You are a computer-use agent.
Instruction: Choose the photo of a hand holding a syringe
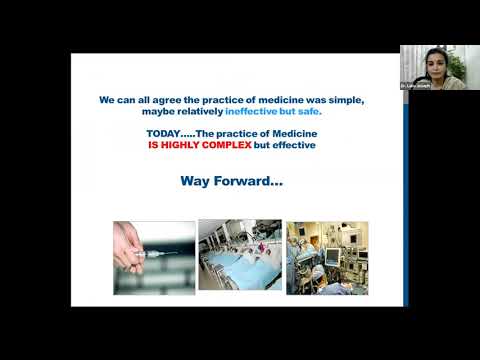tap(152, 257)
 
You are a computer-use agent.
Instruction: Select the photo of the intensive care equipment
tap(326, 257)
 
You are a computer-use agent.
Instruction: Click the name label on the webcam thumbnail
tap(415, 87)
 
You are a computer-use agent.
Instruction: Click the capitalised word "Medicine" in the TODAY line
tap(294, 134)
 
